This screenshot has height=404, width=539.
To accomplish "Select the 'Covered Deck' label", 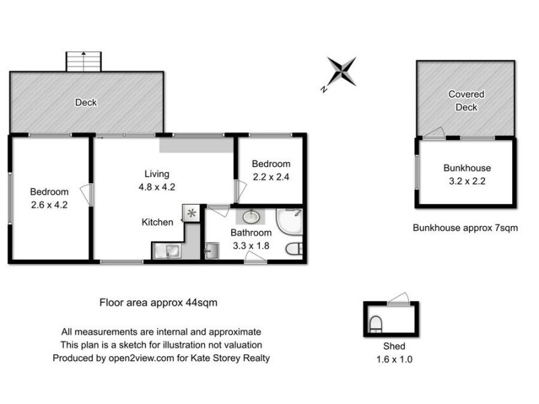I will pyautogui.click(x=466, y=101).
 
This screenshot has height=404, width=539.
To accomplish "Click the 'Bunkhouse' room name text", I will pyautogui.click(x=467, y=168).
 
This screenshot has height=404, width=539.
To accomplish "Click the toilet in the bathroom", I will pyautogui.click(x=294, y=250).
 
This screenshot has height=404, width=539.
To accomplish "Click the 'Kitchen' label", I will pyautogui.click(x=157, y=222).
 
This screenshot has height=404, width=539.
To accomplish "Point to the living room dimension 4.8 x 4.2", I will pyautogui.click(x=157, y=188).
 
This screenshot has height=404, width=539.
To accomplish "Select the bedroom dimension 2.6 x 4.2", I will pyautogui.click(x=49, y=205).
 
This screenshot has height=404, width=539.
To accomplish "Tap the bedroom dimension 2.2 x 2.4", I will pyautogui.click(x=271, y=178).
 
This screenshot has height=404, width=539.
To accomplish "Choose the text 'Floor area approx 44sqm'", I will pyautogui.click(x=158, y=302).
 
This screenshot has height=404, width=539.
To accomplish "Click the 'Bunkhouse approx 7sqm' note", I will pyautogui.click(x=465, y=228).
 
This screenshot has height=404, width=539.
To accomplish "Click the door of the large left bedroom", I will pyautogui.click(x=86, y=194).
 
